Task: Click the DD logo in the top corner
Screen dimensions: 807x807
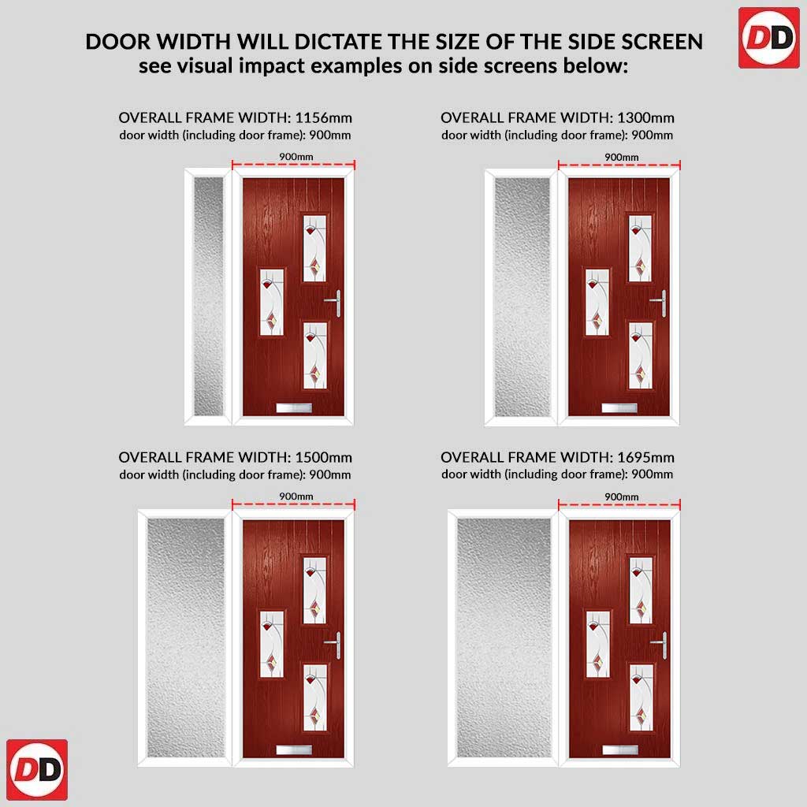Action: (769, 38)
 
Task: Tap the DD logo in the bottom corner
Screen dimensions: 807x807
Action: (37, 769)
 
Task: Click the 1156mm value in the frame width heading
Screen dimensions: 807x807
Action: (324, 118)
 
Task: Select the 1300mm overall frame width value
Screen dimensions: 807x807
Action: (646, 118)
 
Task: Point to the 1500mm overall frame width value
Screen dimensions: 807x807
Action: (324, 458)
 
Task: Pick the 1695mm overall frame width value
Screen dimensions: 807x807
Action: (646, 458)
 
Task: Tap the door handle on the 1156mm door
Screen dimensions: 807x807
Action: (333, 303)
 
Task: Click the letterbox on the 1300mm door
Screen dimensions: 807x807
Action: (619, 408)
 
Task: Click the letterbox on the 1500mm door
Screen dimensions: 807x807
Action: (294, 750)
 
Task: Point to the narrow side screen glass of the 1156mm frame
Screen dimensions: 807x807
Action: (209, 296)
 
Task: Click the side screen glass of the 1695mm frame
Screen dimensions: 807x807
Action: (504, 638)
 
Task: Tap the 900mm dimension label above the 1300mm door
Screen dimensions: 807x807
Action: (621, 157)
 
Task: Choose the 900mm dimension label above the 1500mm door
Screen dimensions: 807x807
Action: (296, 496)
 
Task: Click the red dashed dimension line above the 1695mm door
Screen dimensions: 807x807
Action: (619, 504)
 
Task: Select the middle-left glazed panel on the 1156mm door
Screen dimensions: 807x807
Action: (271, 302)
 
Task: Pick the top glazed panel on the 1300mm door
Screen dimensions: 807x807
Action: (640, 248)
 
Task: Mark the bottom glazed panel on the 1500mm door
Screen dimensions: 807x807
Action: (314, 698)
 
